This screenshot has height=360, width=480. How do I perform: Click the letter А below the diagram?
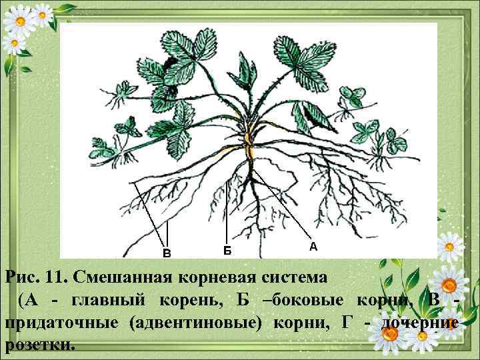313,247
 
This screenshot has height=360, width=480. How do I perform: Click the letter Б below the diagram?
227,250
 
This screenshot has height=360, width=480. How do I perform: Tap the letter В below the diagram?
167,253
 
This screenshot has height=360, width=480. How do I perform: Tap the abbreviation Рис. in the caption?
22,276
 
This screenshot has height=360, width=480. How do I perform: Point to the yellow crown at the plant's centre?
249,143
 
